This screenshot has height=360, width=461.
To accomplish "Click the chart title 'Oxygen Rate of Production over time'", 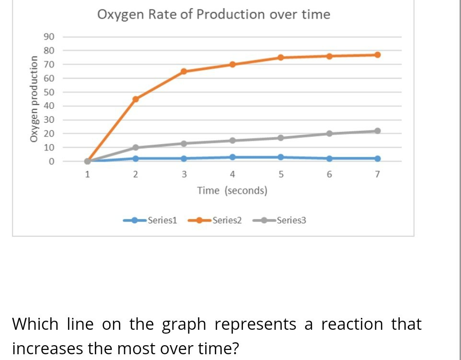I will click(214, 14).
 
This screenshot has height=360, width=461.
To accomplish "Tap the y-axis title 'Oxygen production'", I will click(34, 99).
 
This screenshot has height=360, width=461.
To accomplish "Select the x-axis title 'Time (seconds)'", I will click(232, 191).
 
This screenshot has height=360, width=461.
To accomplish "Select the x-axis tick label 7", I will click(377, 174).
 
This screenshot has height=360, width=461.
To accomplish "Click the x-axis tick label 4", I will click(232, 174).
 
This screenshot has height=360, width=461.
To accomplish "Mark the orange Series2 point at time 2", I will click(136, 99).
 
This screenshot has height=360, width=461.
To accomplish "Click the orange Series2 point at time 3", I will click(184, 71).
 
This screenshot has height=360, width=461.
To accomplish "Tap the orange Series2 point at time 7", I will click(377, 55).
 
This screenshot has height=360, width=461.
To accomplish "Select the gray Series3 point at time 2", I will click(136, 148).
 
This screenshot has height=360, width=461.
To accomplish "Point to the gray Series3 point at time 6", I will click(329, 134).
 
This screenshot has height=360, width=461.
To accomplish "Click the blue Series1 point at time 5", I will click(281, 157).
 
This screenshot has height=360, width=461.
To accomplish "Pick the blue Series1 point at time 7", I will click(377, 159).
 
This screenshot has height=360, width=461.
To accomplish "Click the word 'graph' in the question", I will click(183, 325).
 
